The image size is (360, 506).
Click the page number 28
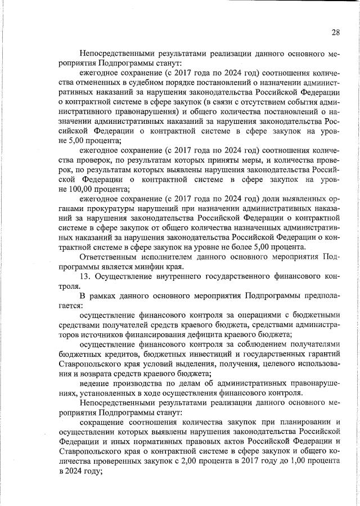click(335, 32)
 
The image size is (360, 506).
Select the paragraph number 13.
click(85, 277)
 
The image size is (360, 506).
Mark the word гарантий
click(323, 355)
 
